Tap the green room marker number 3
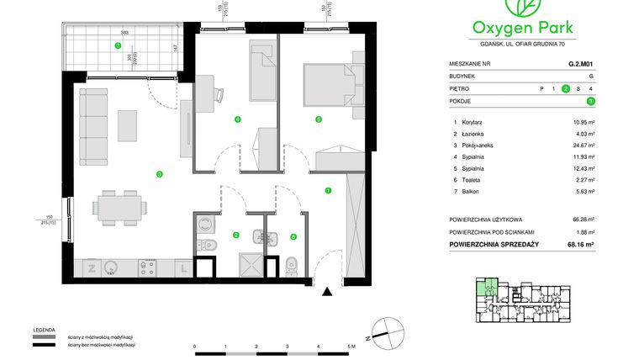[x=159, y=174]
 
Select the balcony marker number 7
[x=119, y=45]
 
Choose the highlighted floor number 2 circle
[x=567, y=88]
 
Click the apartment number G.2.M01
[x=581, y=63]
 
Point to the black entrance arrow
[x=329, y=292]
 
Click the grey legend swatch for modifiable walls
[x=44, y=336]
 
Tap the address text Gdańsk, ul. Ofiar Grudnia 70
[x=532, y=44]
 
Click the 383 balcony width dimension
[x=124, y=33]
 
